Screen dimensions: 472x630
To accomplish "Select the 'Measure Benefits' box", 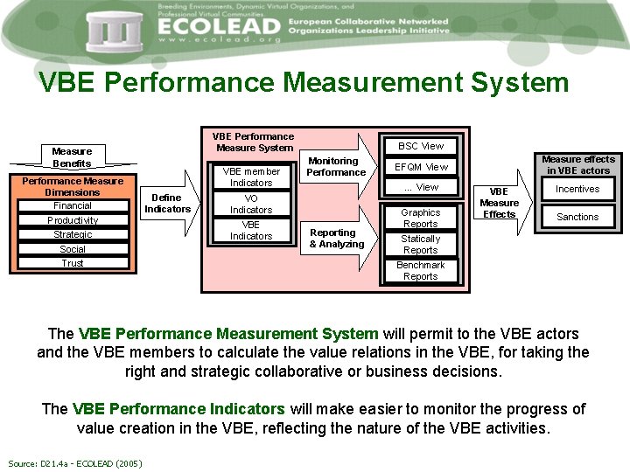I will pos(72,157).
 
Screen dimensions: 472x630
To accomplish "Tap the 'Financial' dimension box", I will pos(73,206).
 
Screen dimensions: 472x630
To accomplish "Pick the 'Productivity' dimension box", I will pos(73,220).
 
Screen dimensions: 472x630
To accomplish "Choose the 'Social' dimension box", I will pos(73,249).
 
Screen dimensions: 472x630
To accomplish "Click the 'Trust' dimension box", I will pos(73,263).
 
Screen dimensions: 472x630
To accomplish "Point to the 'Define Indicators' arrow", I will pos(168,204).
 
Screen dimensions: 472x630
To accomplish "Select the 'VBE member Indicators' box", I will pos(251,177).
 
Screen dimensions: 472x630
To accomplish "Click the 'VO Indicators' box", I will pos(251,205).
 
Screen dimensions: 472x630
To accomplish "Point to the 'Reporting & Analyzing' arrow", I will pos(337,239).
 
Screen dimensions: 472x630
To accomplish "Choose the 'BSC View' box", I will pos(421,146).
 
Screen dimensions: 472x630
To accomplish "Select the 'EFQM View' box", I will pos(421,167).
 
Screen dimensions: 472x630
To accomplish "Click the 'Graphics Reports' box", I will pos(421,219).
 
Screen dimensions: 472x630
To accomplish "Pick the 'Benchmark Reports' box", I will pos(421,271).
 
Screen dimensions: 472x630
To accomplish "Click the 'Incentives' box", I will pos(577,189).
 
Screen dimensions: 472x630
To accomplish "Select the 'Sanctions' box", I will pos(577,217).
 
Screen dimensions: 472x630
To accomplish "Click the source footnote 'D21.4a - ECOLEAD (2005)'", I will pos(75,462).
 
